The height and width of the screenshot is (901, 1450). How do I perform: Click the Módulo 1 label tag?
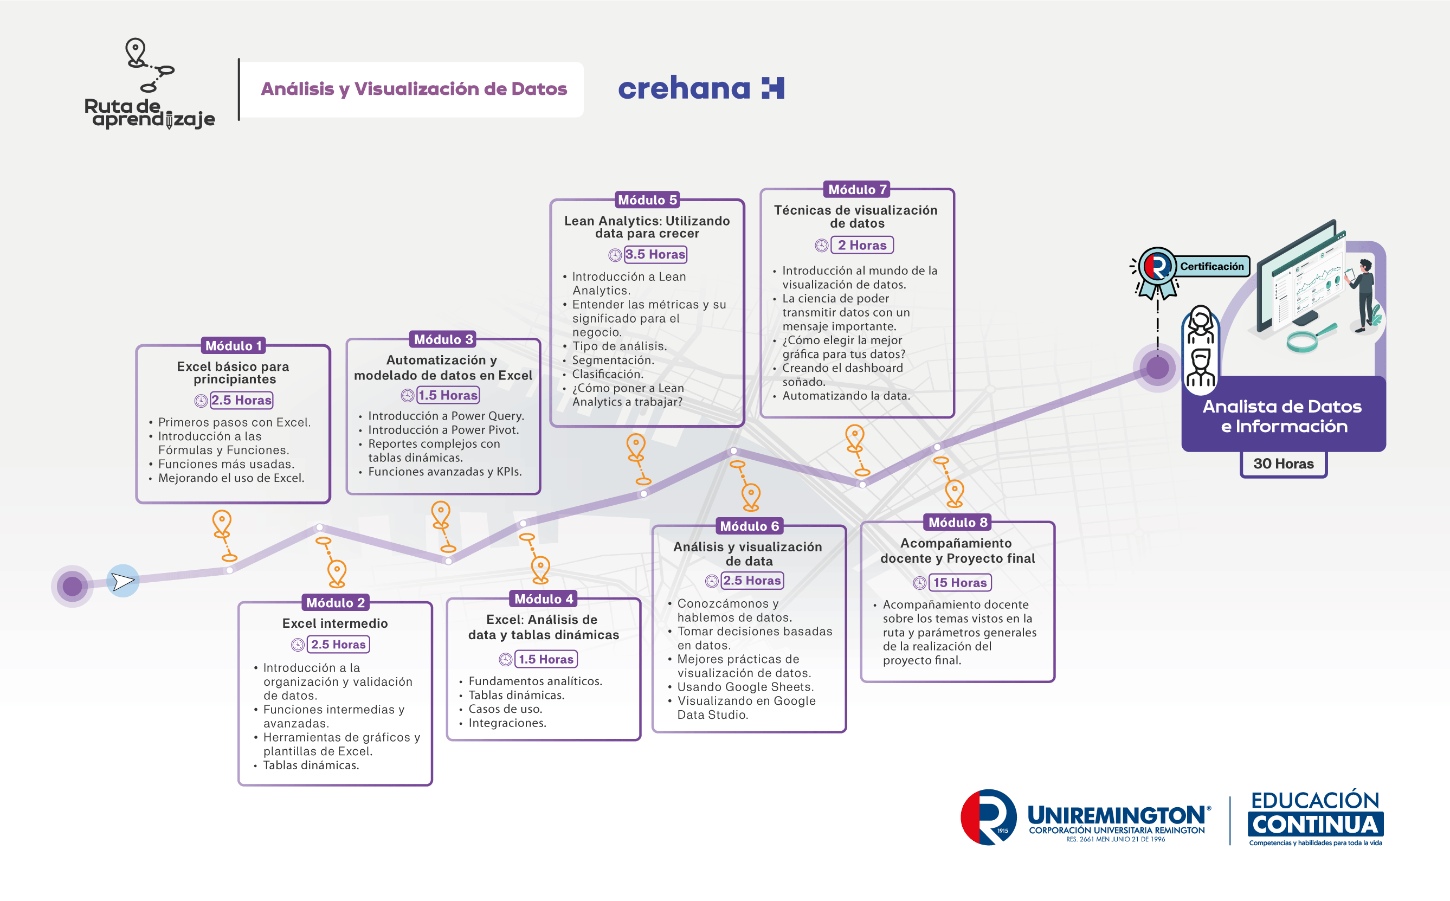pyautogui.click(x=234, y=346)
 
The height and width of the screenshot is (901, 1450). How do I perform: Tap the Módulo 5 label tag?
pyautogui.click(x=647, y=199)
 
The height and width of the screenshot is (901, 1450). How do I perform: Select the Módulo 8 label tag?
pyautogui.click(x=958, y=522)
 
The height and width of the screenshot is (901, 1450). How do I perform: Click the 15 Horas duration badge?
pyautogui.click(x=960, y=582)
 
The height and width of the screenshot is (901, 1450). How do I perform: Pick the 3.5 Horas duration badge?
pyautogui.click(x=655, y=254)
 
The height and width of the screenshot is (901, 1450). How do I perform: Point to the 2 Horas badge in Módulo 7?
pyautogui.click(x=862, y=245)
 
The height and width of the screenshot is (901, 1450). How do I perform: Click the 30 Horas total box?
pyautogui.click(x=1283, y=464)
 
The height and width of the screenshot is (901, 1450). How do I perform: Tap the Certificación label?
pyautogui.click(x=1211, y=266)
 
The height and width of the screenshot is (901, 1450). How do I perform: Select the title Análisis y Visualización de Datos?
pyautogui.click(x=414, y=89)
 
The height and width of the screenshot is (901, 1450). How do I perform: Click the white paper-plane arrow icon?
pyautogui.click(x=123, y=581)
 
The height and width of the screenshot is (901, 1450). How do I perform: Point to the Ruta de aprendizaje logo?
pyautogui.click(x=150, y=84)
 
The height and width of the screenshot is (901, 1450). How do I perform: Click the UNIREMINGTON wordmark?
pyautogui.click(x=1118, y=815)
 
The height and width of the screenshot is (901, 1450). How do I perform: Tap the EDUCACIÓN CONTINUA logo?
pyautogui.click(x=1316, y=817)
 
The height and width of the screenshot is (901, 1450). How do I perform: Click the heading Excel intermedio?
pyautogui.click(x=335, y=623)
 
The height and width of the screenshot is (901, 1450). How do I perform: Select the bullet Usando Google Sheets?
pyautogui.click(x=745, y=686)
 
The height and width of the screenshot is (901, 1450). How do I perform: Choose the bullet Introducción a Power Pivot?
pyautogui.click(x=443, y=430)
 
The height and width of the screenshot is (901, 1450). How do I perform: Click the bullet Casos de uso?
pyautogui.click(x=505, y=709)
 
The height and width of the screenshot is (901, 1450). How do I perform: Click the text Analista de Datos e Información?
pyautogui.click(x=1283, y=416)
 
